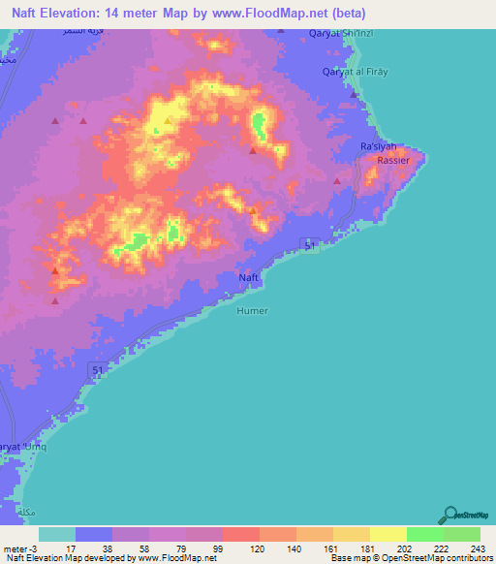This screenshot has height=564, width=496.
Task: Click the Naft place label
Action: click(x=248, y=278)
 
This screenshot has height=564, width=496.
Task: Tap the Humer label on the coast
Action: click(x=252, y=311)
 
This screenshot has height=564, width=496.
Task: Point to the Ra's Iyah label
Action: click(x=378, y=146)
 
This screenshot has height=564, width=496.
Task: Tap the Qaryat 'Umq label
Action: click(x=21, y=445)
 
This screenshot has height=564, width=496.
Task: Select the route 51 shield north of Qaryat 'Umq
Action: click(x=97, y=369)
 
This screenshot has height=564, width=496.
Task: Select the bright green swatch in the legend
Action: click(x=424, y=534)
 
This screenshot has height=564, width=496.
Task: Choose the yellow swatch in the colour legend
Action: click(x=387, y=534)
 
